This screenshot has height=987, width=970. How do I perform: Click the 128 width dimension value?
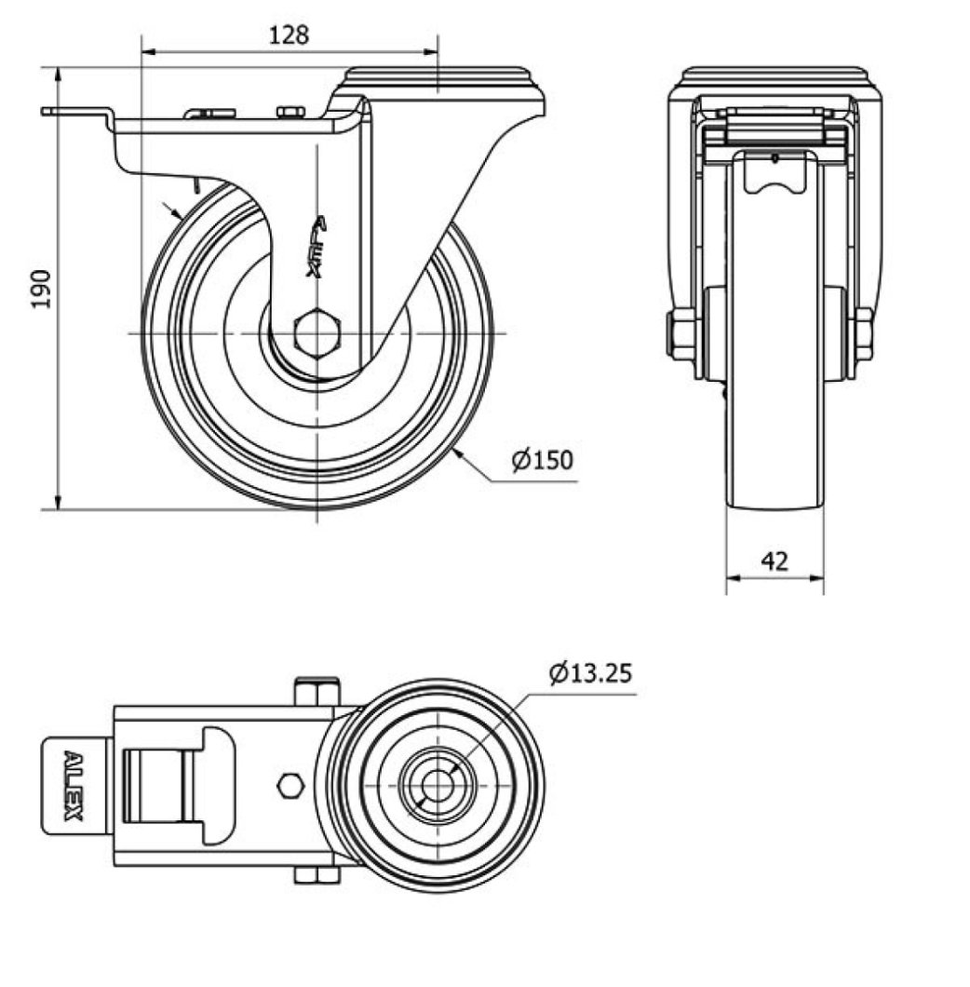coord(289,35)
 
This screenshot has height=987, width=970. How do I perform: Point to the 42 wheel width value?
coord(774,561)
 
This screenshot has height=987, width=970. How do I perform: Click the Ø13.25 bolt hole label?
coord(590,672)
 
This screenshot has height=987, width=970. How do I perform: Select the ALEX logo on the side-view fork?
coord(317,248)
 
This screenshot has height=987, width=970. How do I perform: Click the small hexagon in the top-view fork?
coord(290,786)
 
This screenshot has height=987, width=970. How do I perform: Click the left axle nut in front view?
coord(682,334)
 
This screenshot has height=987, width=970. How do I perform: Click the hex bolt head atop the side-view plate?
coord(290,113)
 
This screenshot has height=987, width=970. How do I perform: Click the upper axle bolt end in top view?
coord(317,693)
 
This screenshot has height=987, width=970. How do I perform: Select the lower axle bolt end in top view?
coord(317,875)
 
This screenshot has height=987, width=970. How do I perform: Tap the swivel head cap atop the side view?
coord(437,80)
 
